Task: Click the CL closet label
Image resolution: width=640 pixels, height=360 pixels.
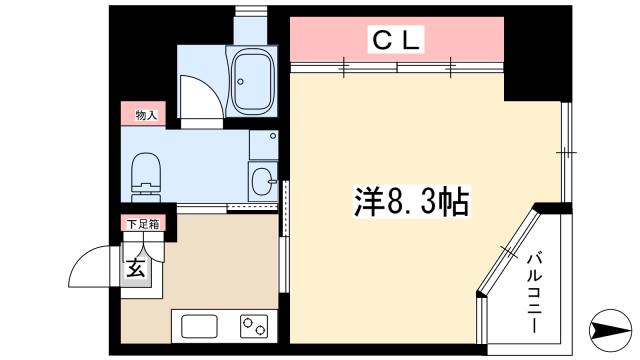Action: point(397,41)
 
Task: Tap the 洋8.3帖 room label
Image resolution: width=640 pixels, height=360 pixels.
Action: point(411,201)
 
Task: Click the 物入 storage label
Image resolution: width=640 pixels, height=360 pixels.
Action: point(146,116)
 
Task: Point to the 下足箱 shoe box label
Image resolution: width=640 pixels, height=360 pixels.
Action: point(142,223)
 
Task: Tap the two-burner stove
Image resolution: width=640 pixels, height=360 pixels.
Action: point(253,326)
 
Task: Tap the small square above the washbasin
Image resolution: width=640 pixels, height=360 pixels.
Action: point(262,143)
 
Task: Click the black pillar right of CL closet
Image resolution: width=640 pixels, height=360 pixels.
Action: point(528,60)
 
